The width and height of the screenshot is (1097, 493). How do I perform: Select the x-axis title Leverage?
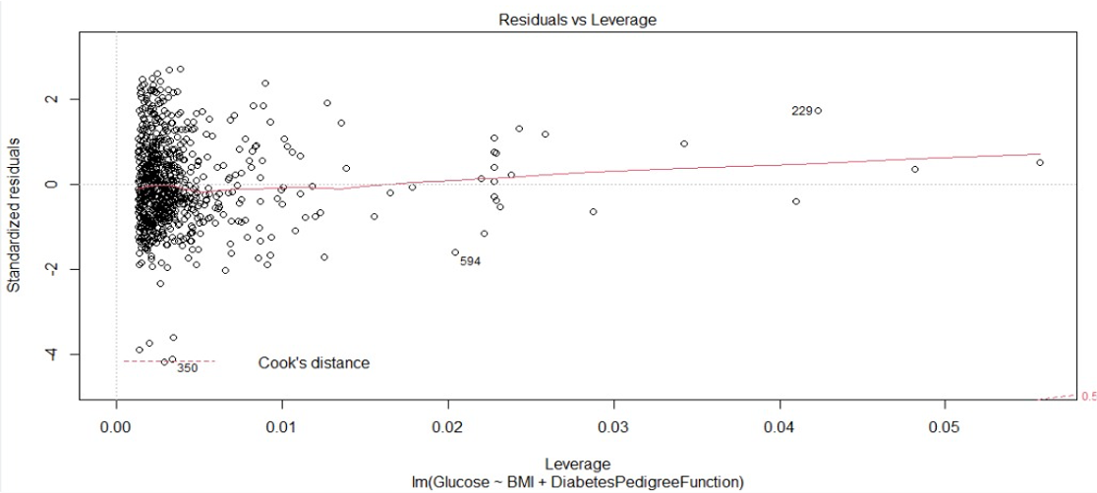pos(578,464)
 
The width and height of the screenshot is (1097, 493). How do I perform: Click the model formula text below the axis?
pos(578,481)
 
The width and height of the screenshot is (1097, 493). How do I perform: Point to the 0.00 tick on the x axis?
pos(116,429)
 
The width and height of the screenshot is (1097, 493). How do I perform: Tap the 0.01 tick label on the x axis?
pos(282,429)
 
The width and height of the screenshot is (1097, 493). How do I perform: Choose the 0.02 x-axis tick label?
pos(447,429)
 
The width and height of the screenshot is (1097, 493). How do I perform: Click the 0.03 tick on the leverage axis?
pos(613,429)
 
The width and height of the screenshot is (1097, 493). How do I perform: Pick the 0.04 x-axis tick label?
pos(779,429)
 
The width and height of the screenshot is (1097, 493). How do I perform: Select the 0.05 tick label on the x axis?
pos(945,429)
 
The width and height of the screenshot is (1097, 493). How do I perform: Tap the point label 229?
pos(801,111)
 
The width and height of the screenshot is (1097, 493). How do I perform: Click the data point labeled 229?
pos(818,110)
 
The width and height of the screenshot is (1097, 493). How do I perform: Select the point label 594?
pos(470,261)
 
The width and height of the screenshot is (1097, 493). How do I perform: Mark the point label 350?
pos(187,369)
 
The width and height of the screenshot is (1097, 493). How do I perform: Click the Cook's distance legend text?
pos(314,363)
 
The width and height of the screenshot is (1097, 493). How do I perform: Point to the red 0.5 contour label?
pos(1088,397)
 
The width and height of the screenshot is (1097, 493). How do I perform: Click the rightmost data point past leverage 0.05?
pos(1039,162)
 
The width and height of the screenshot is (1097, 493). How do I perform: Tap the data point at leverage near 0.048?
pos(914,169)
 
